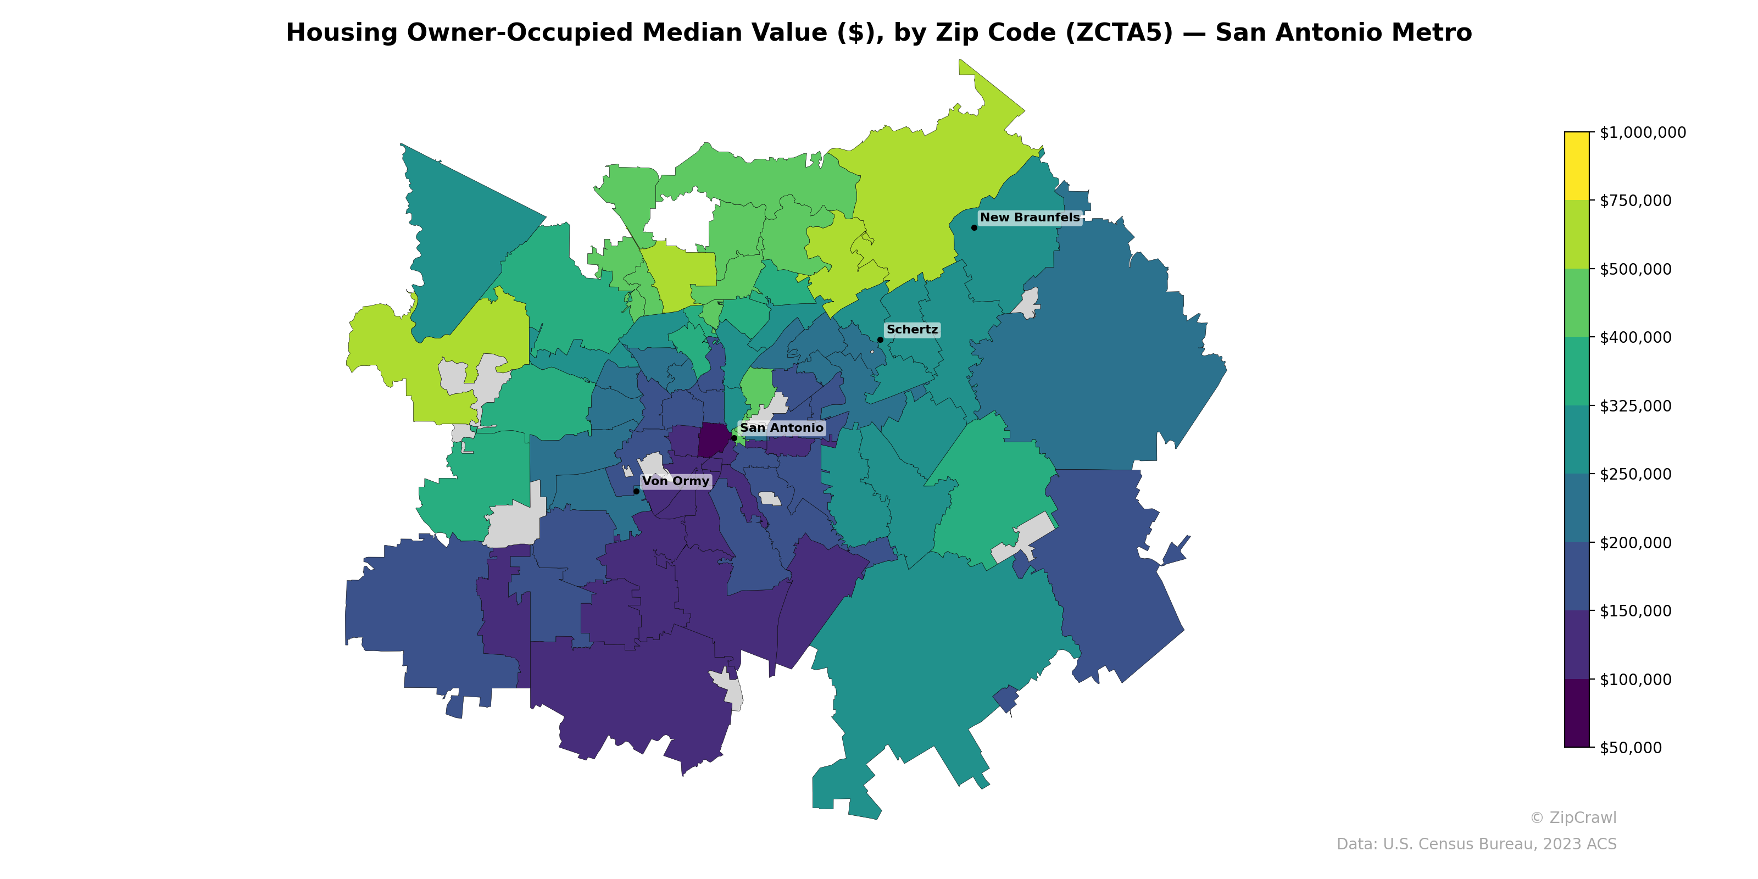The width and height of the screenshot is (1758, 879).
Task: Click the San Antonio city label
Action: coord(781,428)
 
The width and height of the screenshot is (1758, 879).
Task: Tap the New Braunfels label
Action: coord(1030,218)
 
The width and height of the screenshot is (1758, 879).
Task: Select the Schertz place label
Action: coord(912,330)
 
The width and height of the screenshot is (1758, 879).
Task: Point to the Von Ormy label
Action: coord(676,481)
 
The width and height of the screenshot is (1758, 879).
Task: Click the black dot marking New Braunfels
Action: coord(974,227)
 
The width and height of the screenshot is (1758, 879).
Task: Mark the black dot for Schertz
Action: coord(880,339)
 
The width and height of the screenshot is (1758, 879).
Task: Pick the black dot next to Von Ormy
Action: coord(636,491)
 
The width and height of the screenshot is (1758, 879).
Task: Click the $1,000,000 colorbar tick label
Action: coord(1642,132)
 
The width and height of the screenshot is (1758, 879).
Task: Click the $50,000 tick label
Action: coord(1631,747)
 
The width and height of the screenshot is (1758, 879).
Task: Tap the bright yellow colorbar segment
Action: coord(1577,166)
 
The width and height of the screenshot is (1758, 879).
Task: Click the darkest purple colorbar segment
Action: coord(1577,713)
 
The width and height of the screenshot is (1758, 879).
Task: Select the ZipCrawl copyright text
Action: coord(1573,817)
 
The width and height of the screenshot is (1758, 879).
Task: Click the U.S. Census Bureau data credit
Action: coord(1476,844)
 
